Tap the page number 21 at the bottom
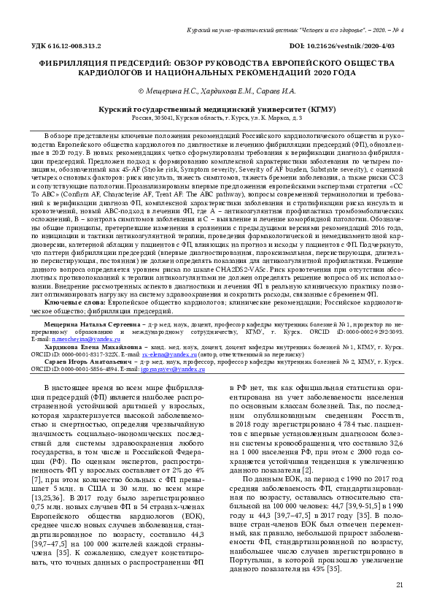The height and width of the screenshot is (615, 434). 399,585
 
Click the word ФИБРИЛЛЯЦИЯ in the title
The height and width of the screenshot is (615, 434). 77,64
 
